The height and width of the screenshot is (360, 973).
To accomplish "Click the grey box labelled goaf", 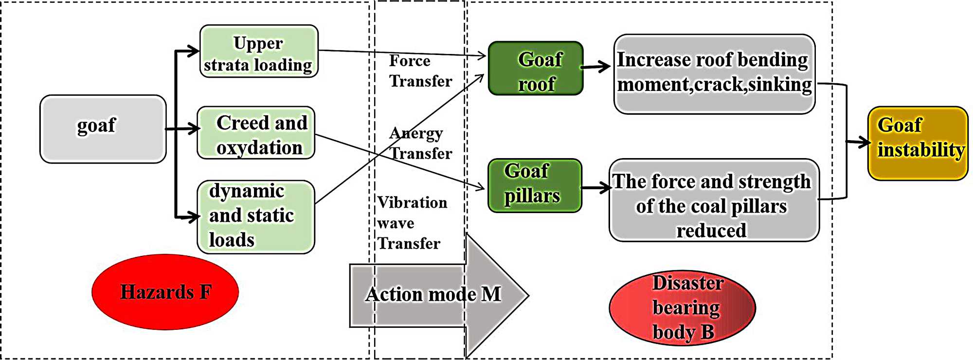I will (x=103, y=129).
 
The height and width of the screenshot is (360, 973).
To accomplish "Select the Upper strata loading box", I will (x=259, y=52).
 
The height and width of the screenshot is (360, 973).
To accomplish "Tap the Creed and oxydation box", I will (x=256, y=133).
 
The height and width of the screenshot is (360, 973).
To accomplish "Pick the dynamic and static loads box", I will (x=256, y=217).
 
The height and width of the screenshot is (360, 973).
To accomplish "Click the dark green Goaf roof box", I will (x=536, y=68).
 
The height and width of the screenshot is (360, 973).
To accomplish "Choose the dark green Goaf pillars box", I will (x=535, y=185).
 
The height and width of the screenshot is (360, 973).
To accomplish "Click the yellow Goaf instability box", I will (x=918, y=144).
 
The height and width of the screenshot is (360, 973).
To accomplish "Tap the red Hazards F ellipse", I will (x=165, y=292).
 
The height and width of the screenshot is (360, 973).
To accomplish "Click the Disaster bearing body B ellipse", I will (x=682, y=308).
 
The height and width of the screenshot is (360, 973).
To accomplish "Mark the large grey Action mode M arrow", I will (x=438, y=295).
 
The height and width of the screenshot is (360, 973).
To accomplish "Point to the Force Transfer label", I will (x=420, y=71).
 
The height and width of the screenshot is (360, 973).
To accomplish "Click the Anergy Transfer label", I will (x=420, y=143).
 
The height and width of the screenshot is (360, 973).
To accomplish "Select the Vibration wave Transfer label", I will (x=412, y=223).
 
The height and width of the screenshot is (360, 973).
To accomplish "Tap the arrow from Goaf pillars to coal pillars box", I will (x=596, y=188).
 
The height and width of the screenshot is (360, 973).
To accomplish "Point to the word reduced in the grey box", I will (x=711, y=231).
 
